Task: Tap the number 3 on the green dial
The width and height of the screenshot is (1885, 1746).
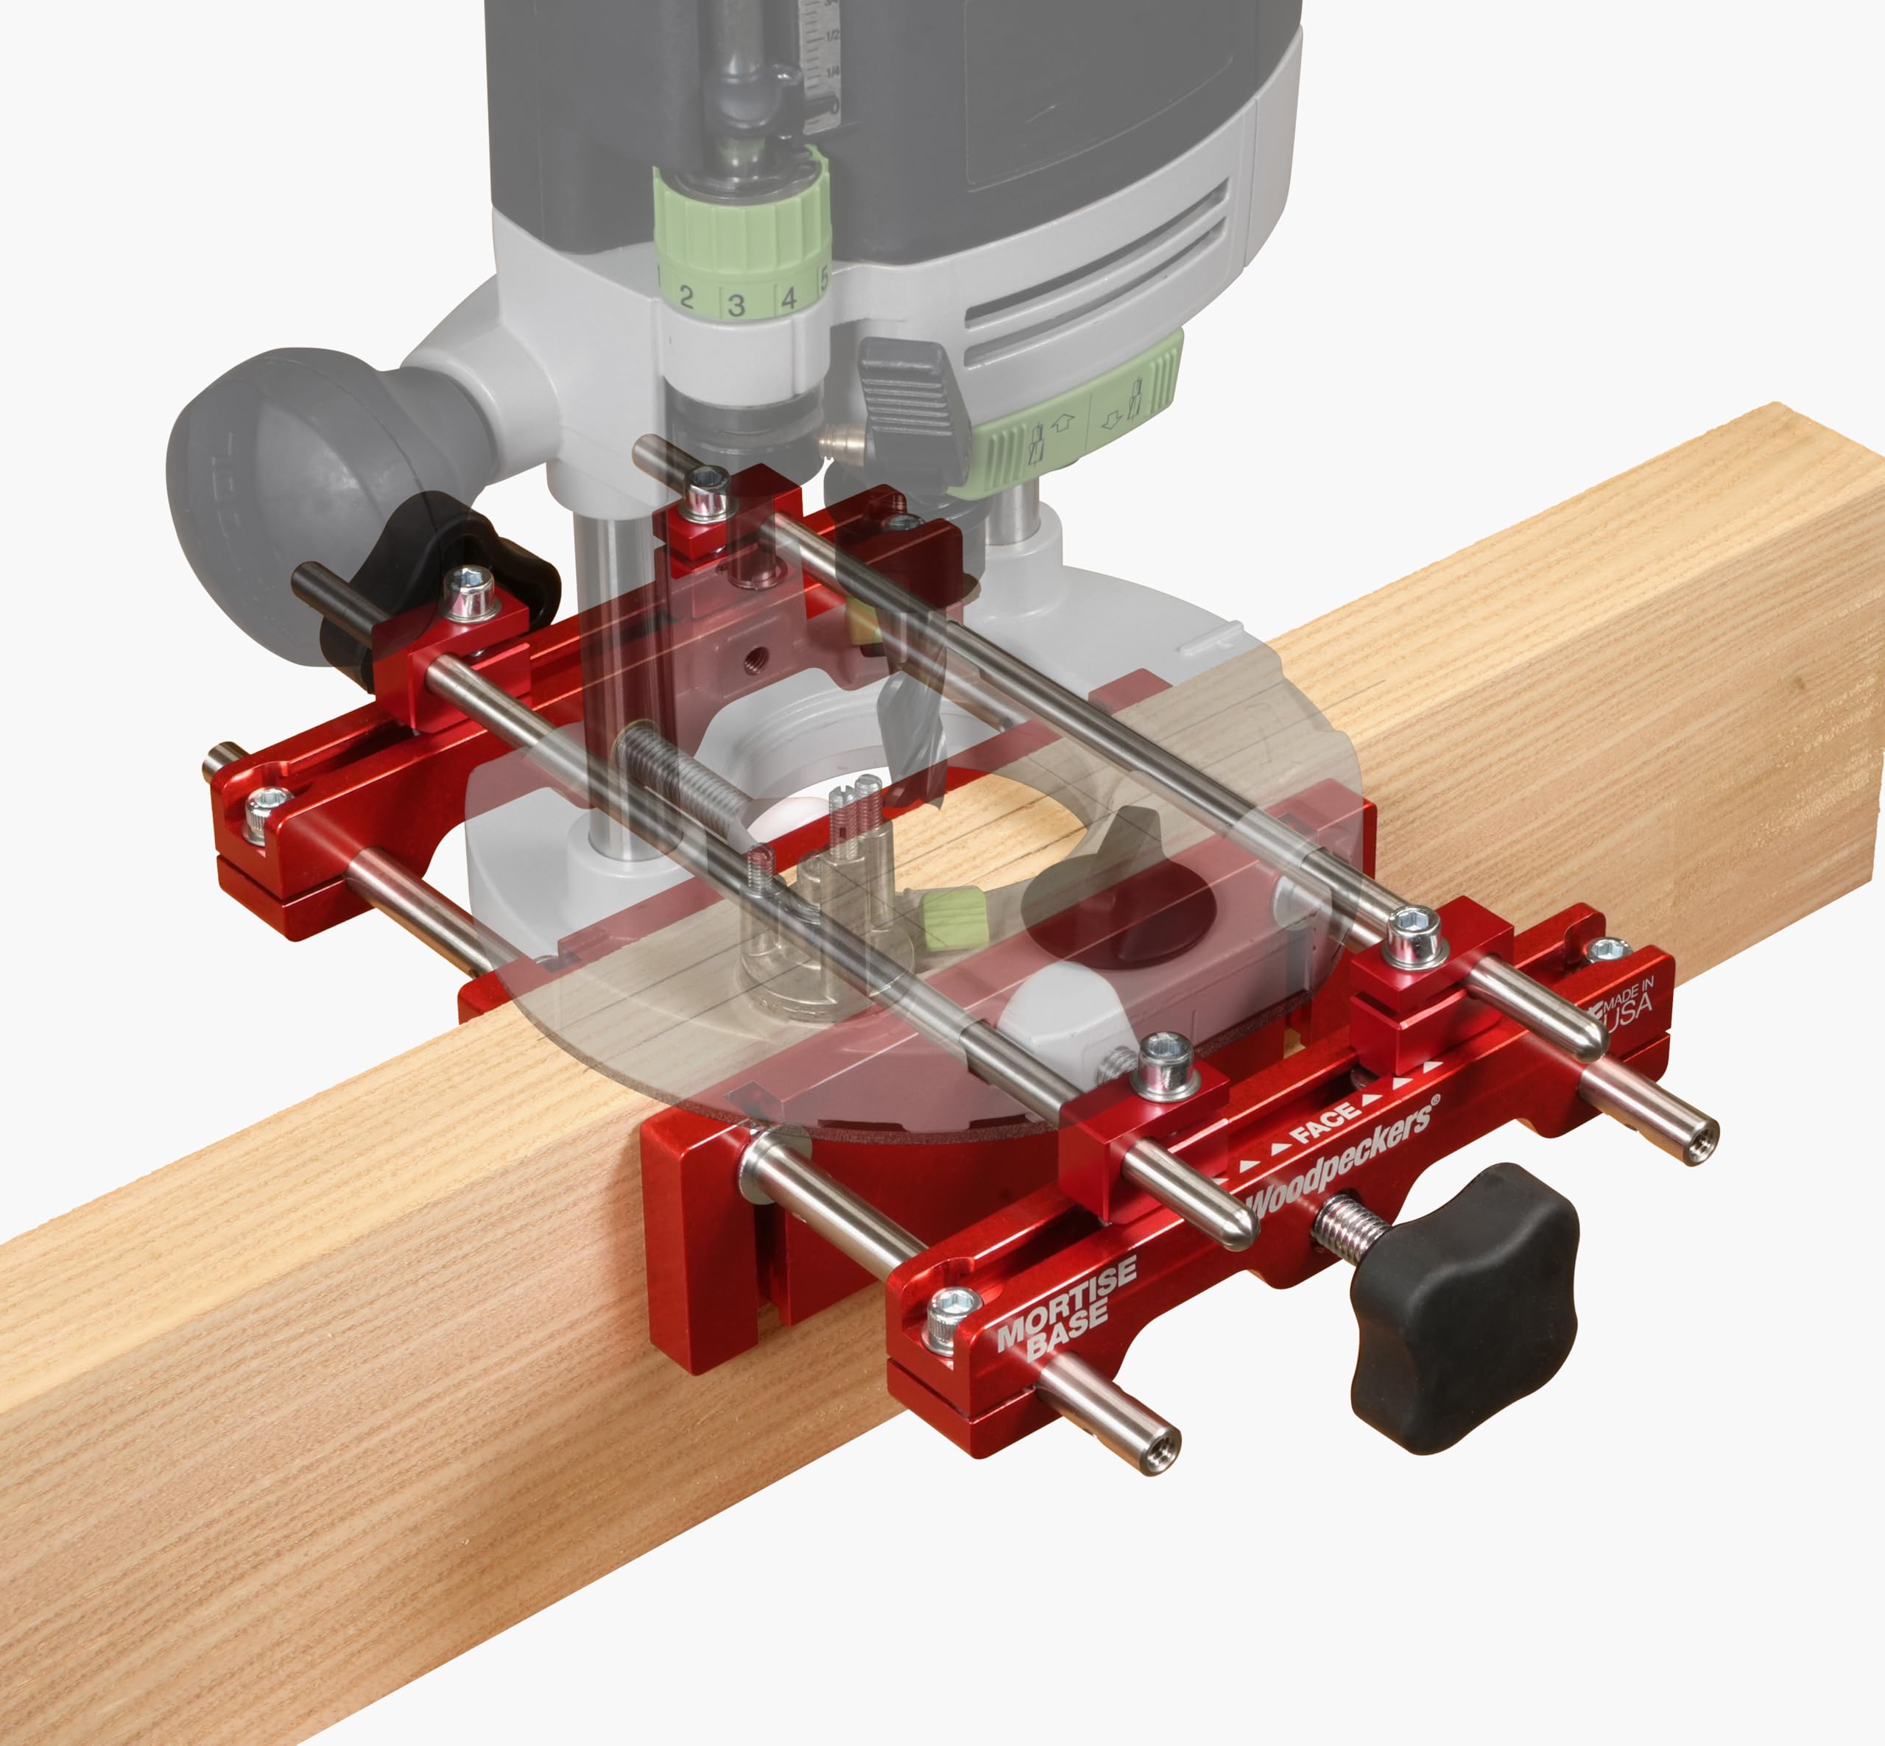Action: [x=736, y=305]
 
